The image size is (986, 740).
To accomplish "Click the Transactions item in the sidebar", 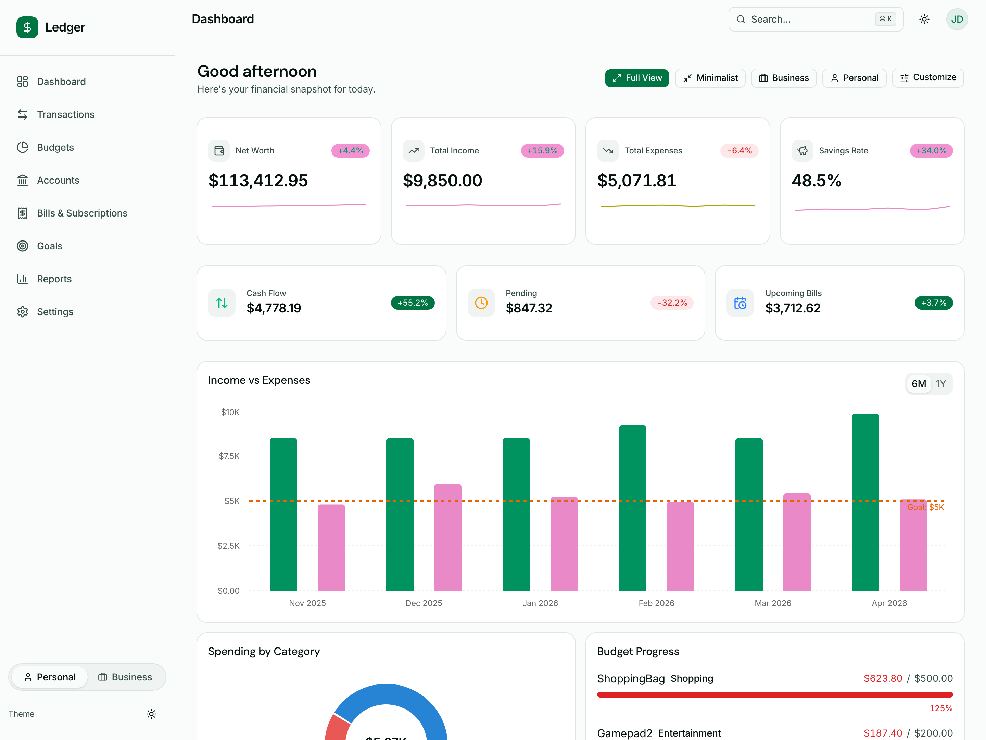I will click(x=65, y=115).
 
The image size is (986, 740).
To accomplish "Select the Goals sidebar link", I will click(x=50, y=246).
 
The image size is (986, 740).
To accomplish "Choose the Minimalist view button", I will click(x=710, y=78).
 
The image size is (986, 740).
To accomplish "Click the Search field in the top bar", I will click(x=809, y=19).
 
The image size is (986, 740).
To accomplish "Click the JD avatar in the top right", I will click(x=957, y=19).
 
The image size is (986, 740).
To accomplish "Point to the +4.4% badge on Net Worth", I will click(x=350, y=151).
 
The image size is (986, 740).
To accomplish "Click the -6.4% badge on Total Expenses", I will click(x=739, y=151).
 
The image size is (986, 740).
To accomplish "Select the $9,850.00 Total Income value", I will click(x=442, y=181).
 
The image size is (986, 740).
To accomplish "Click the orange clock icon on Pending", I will click(x=481, y=303).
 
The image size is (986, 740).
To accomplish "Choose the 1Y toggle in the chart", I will click(x=940, y=384).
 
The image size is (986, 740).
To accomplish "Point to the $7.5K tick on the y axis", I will click(x=229, y=456).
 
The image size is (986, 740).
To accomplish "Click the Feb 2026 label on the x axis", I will click(x=656, y=603).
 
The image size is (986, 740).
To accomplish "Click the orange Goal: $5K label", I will click(x=925, y=507).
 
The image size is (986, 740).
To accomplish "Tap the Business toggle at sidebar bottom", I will click(x=125, y=677).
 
